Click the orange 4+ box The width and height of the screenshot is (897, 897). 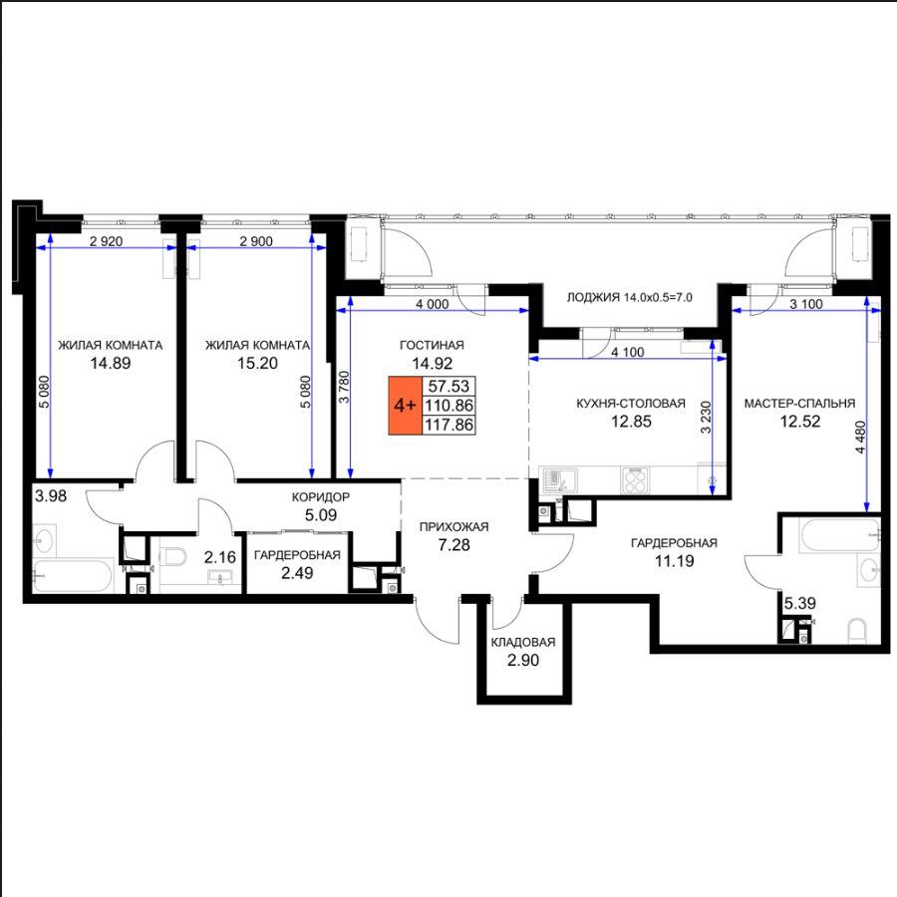click(405, 406)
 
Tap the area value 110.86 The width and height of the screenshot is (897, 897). click(449, 406)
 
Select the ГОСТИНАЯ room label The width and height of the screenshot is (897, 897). click(432, 345)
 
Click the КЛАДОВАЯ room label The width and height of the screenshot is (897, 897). click(523, 642)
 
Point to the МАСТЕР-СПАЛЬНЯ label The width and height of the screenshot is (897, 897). click(799, 404)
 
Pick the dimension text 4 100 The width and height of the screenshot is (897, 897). click(628, 353)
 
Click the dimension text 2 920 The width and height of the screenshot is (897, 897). click(107, 241)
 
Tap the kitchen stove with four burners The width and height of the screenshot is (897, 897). click(635, 480)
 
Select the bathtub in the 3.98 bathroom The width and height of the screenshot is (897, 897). click(72, 575)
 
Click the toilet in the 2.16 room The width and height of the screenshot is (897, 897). click(173, 555)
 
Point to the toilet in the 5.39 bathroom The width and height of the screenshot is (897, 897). click(857, 631)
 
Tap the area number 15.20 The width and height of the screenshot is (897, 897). click(257, 363)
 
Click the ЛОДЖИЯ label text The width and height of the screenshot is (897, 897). click(593, 297)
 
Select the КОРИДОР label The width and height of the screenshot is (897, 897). click(320, 497)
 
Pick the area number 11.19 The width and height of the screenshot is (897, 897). click(675, 561)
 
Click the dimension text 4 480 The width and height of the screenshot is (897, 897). click(860, 439)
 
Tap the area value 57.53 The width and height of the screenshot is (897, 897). click(449, 386)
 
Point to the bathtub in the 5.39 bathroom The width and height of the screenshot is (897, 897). click(840, 536)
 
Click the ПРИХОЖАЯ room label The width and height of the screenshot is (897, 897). click(453, 527)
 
